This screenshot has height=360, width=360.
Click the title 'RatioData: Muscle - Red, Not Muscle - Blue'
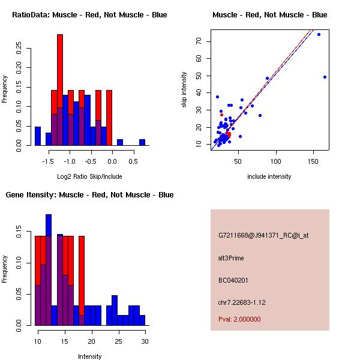[89, 15]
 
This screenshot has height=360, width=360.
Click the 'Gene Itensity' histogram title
[89, 195]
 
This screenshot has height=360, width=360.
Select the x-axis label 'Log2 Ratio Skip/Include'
[89, 176]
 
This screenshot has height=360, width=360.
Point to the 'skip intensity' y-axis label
[184, 90]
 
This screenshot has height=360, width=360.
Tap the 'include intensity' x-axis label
[269, 176]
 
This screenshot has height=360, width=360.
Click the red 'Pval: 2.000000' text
[239, 319]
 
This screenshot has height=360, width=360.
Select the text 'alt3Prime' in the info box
[231, 258]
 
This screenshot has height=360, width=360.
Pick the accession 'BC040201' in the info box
[232, 280]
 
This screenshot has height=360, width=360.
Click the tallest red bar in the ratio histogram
[60, 90]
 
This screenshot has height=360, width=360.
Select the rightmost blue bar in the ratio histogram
[142, 142]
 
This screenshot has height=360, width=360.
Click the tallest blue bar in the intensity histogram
[49, 270]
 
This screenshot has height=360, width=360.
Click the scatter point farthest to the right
[325, 77]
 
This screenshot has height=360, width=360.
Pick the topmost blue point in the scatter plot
[319, 35]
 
